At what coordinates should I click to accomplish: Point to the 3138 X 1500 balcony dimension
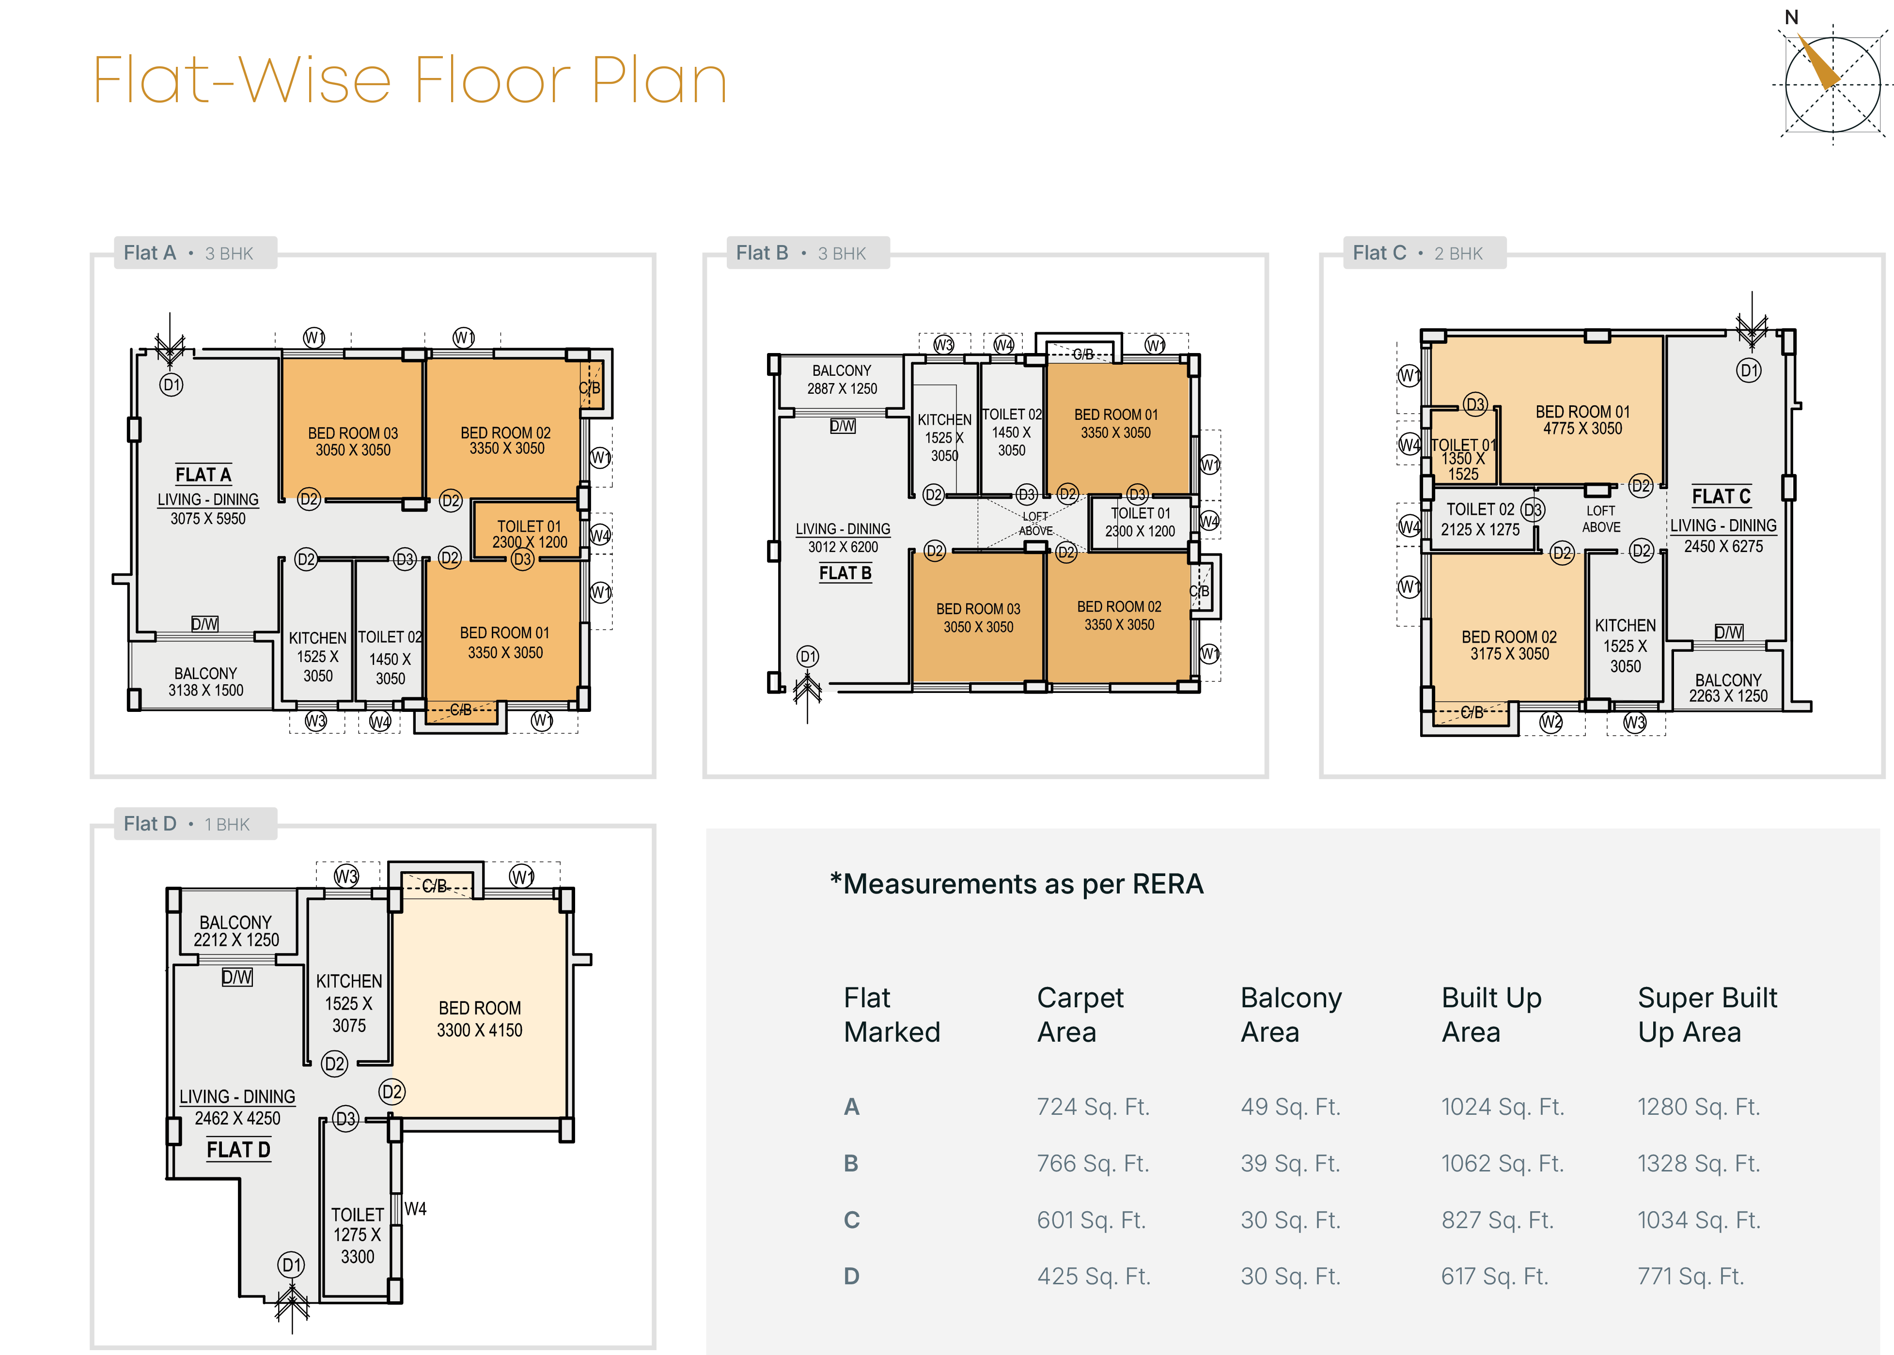click(205, 691)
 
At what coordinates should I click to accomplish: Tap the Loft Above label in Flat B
click(1035, 523)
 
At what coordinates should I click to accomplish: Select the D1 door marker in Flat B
click(807, 657)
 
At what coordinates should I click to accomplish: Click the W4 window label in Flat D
click(415, 1208)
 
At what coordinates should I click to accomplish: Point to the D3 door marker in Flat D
click(345, 1119)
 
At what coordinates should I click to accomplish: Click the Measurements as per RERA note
click(1016, 884)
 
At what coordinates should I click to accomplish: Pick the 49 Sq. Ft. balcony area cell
click(1290, 1107)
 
